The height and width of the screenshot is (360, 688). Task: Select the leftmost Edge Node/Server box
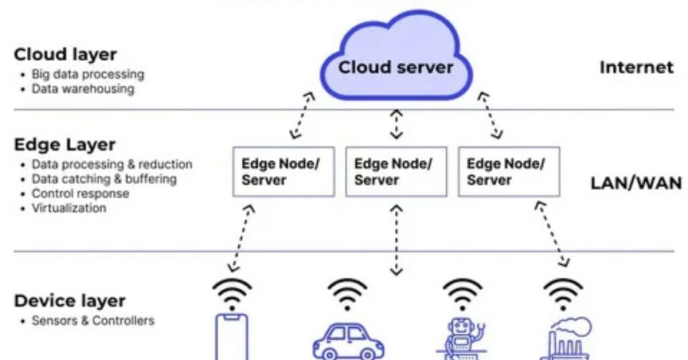[x=283, y=171]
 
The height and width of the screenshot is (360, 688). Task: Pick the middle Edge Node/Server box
[x=396, y=171]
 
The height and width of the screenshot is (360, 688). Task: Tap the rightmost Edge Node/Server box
[x=509, y=171]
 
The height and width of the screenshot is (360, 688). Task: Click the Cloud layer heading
[x=65, y=54]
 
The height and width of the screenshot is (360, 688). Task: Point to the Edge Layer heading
[x=64, y=144]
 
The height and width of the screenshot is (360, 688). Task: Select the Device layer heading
[x=69, y=301]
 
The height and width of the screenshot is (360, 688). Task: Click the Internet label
[x=636, y=67]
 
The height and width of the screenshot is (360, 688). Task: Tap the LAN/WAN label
[x=636, y=183]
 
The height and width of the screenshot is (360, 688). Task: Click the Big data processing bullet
[x=87, y=74]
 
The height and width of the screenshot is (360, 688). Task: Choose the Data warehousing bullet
[x=83, y=89]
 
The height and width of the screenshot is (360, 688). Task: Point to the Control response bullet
[x=80, y=193]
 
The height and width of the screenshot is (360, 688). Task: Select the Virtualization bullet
[x=69, y=208]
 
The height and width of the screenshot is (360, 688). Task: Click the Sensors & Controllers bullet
[x=93, y=320]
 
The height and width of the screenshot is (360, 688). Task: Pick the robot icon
[x=462, y=336]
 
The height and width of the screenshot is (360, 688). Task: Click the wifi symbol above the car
[x=347, y=293]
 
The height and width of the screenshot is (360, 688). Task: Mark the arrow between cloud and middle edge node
[x=396, y=124]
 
